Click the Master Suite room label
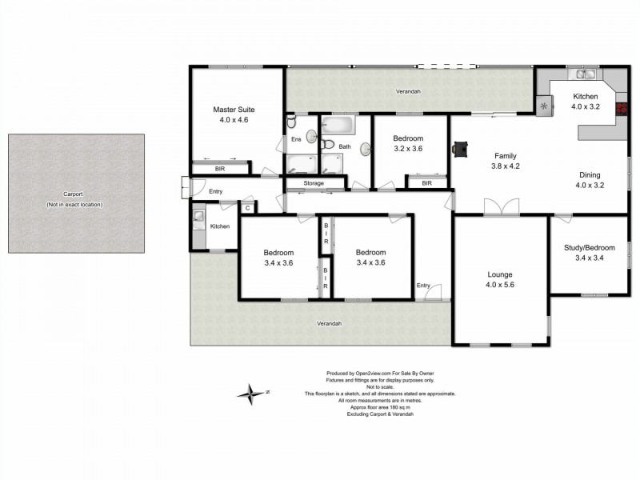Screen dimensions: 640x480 click(234, 110)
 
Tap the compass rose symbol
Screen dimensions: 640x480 click(251, 394)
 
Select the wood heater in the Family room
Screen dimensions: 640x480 click(461, 149)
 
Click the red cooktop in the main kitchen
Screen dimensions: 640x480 click(622, 109)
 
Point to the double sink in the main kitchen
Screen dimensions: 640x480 click(584, 74)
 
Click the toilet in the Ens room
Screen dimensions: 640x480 click(291, 122)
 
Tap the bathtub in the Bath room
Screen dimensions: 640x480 click(338, 126)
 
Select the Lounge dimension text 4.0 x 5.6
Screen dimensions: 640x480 click(500, 285)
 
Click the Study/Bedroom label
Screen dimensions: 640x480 click(590, 248)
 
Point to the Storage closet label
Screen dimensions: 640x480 click(314, 183)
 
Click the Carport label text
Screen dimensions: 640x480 click(73, 194)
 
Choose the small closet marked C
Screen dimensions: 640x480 click(248, 208)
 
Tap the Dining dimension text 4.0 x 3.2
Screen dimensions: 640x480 click(590, 185)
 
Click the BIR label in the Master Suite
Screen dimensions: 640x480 click(219, 169)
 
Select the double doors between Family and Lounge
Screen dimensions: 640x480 click(502, 206)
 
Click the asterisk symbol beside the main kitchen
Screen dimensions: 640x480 click(544, 106)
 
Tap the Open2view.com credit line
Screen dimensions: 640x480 click(380, 373)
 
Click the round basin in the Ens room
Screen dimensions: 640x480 click(312, 137)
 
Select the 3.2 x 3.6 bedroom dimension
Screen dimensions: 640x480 click(408, 149)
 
